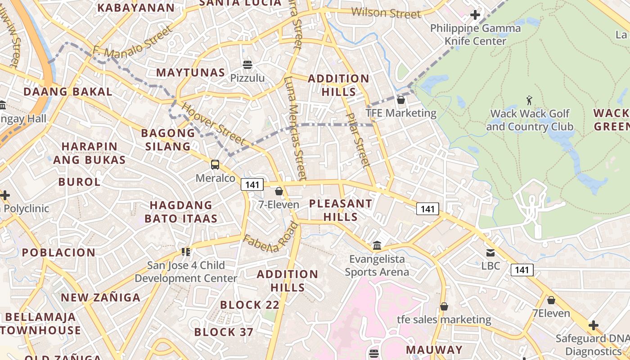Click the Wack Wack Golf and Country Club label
coord(530,120)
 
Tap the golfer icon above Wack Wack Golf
coord(529,100)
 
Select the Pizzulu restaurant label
coord(247,78)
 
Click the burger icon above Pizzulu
coord(247,65)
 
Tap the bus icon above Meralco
coord(215,165)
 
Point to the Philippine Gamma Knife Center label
coord(475,35)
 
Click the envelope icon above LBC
coord(490,253)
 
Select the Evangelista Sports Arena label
coord(377,265)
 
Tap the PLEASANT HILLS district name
coord(341,210)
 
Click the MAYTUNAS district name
coord(191,72)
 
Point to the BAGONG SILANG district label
coord(168,139)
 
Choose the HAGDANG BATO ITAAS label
coord(181,212)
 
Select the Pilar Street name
coord(359,139)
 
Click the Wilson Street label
coord(386,13)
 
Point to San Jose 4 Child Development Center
coord(186,272)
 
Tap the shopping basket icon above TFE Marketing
coord(400,100)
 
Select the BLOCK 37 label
coord(224,333)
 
